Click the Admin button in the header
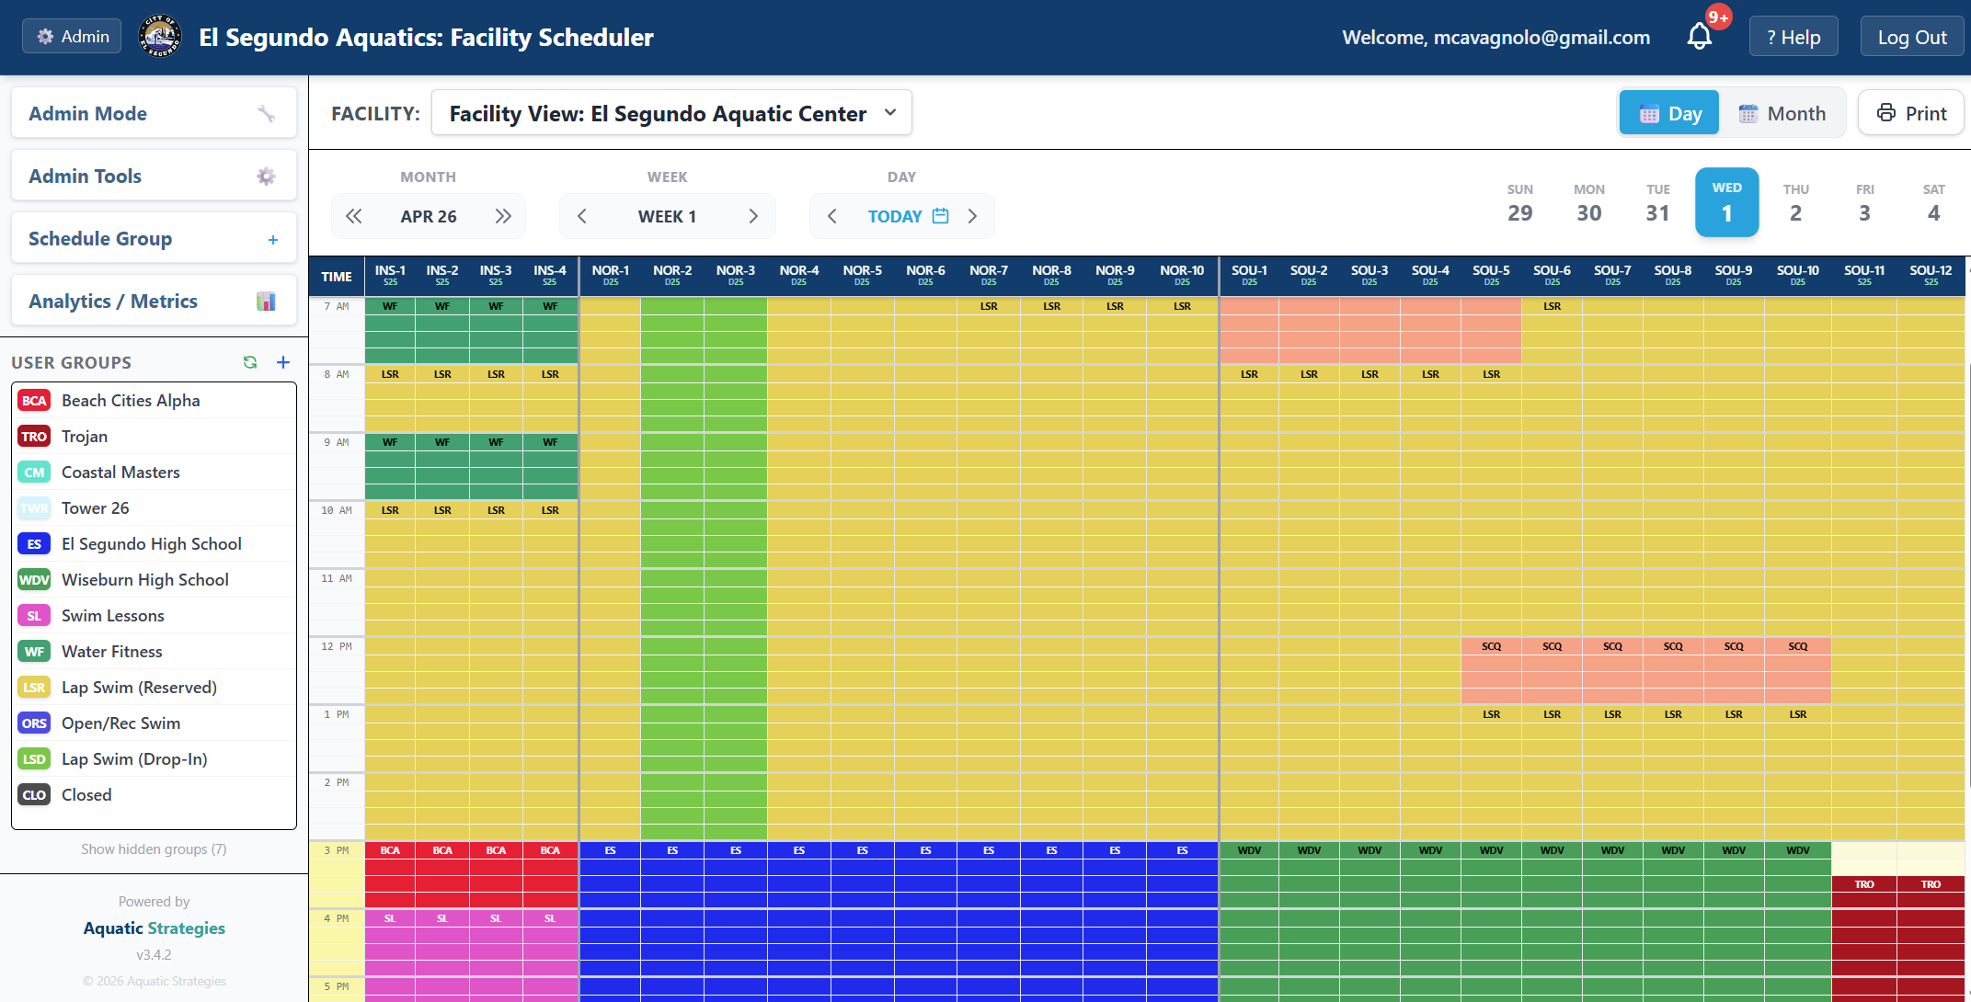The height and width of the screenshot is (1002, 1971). pyautogui.click(x=72, y=37)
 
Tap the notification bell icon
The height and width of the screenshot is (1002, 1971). pyautogui.click(x=1699, y=37)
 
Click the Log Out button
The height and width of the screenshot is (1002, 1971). pyautogui.click(x=1911, y=38)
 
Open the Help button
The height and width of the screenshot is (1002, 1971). pyautogui.click(x=1793, y=38)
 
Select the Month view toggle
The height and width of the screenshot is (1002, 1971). pyautogui.click(x=1782, y=113)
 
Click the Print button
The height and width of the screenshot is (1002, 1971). pyautogui.click(x=1911, y=113)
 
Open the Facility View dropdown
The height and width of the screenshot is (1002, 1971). pyautogui.click(x=671, y=113)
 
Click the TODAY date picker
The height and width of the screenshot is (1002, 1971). pyautogui.click(x=907, y=216)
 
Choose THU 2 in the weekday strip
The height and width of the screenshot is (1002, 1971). pyautogui.click(x=1795, y=203)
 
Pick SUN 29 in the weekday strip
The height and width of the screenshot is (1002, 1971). pyautogui.click(x=1519, y=203)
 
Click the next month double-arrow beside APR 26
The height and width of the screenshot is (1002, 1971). pyautogui.click(x=502, y=216)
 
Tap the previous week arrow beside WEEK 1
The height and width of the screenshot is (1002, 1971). pyautogui.click(x=581, y=216)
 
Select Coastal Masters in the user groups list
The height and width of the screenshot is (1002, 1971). pyautogui.click(x=120, y=473)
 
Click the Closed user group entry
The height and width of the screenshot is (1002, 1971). pyautogui.click(x=86, y=795)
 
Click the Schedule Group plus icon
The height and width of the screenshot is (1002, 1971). pyautogui.click(x=272, y=240)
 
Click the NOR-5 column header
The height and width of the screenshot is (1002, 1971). pyautogui.click(x=862, y=275)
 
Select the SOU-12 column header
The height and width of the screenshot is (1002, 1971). pyautogui.click(x=1930, y=275)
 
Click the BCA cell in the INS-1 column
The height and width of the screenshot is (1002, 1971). pyautogui.click(x=390, y=851)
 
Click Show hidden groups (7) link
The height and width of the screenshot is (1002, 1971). pyautogui.click(x=154, y=849)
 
